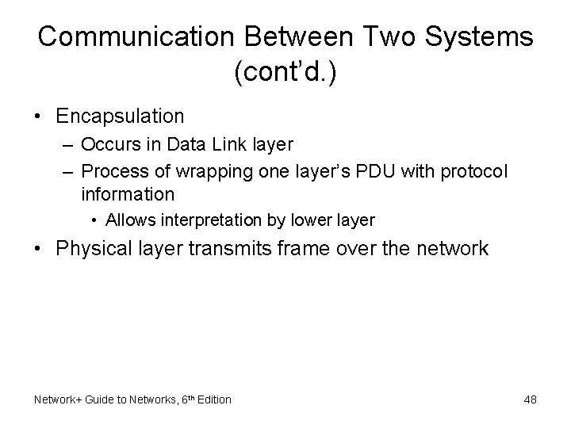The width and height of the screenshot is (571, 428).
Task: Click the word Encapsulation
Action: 121,116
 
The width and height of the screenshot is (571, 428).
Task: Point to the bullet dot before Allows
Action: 94,220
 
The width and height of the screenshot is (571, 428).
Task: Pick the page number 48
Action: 530,399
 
